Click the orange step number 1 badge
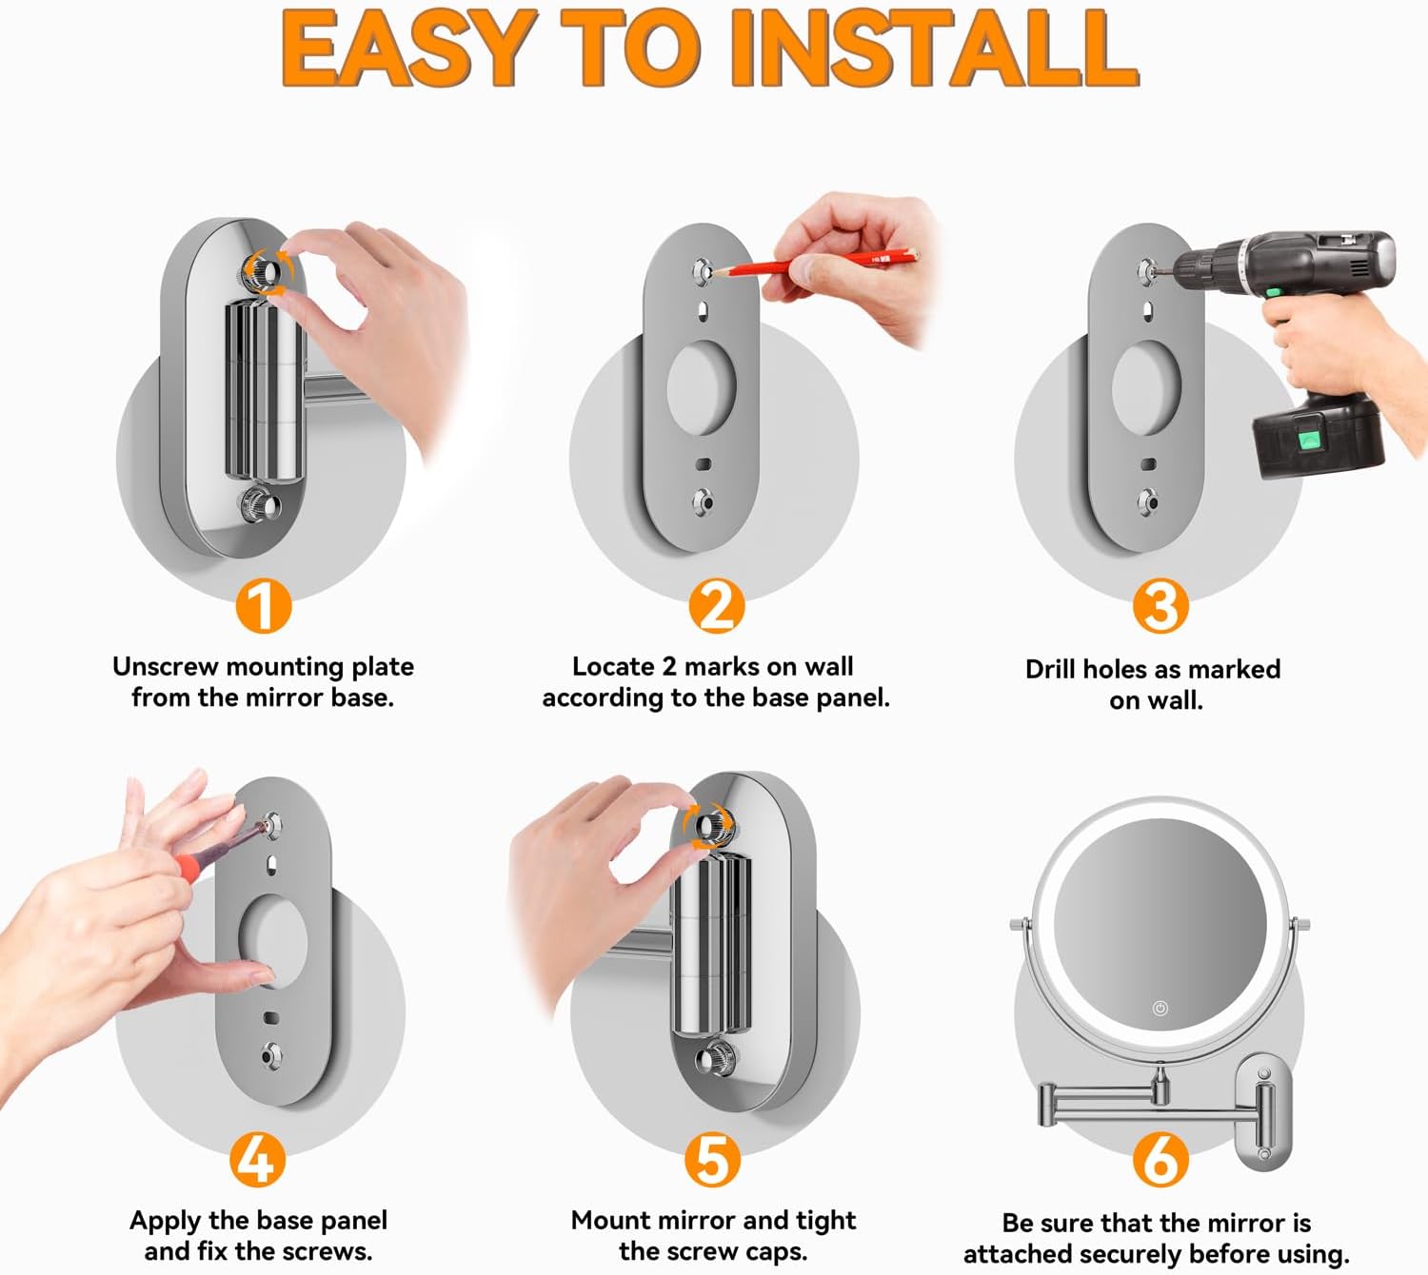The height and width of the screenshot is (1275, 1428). tap(263, 606)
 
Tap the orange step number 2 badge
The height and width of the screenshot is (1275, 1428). tap(716, 606)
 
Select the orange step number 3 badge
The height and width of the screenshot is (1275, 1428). tap(1160, 606)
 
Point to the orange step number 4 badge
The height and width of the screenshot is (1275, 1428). tap(257, 1159)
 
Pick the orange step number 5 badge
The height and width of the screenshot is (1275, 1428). tap(712, 1159)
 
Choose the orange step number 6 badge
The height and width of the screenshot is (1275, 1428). tap(1160, 1159)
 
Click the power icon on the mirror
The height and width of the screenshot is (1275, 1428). tap(1160, 1009)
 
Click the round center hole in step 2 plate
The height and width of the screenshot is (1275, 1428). tap(702, 386)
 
